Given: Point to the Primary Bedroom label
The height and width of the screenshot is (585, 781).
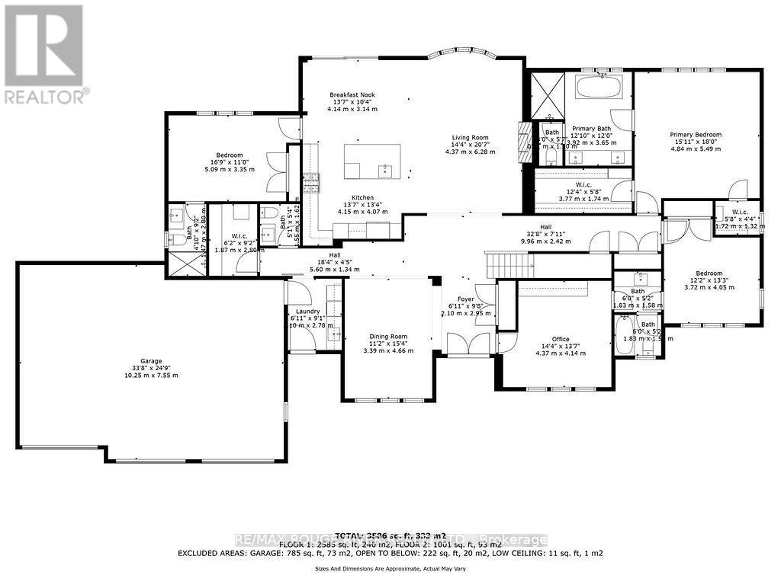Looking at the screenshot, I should [696, 135].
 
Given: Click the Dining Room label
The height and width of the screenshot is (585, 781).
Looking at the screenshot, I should [388, 336].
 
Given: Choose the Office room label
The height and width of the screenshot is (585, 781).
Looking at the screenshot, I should [561, 339].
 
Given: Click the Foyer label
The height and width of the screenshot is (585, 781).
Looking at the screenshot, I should [467, 299].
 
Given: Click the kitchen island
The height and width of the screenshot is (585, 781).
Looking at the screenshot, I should [372, 161].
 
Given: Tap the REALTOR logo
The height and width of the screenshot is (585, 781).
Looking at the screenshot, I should [43, 53].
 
